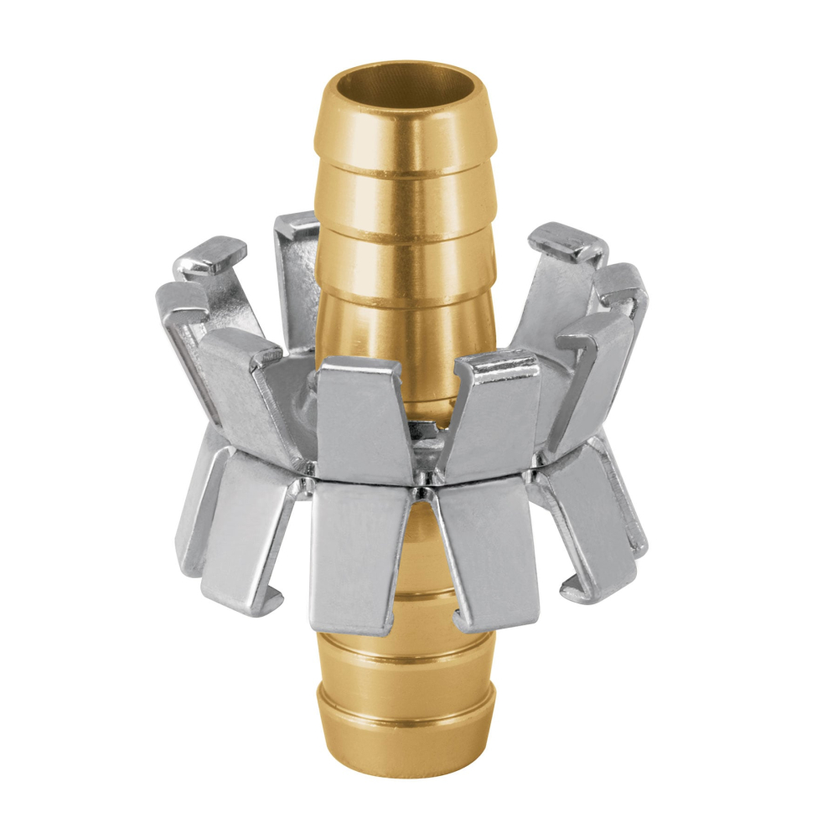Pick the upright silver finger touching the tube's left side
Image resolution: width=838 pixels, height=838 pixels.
point(295,277)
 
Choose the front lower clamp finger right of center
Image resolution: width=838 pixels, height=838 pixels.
point(486,553)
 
